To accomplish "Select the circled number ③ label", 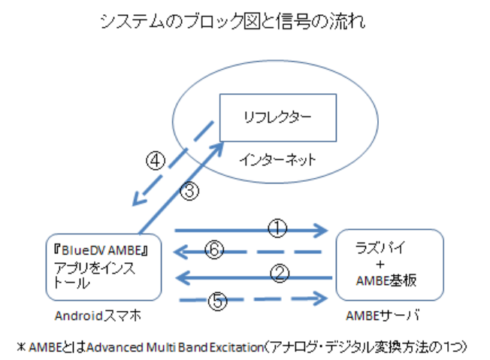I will (x=191, y=192).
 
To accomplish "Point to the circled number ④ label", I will (x=155, y=162).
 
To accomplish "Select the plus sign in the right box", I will (x=380, y=265).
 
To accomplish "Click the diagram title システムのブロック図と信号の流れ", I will (x=234, y=23).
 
